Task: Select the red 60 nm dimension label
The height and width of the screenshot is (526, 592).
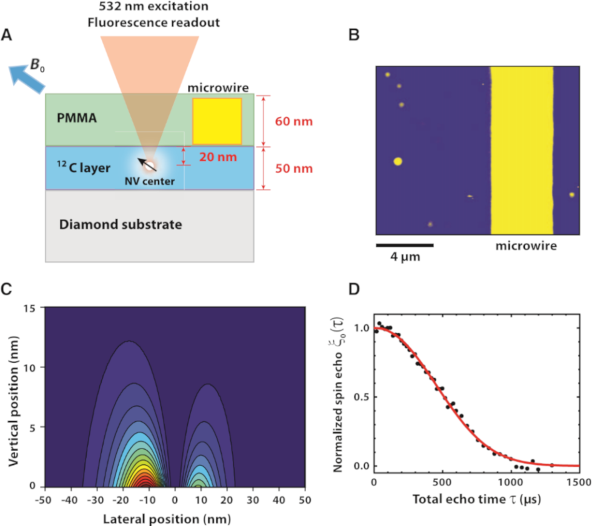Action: coord(294,121)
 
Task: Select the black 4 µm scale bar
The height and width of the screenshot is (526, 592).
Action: coord(405,245)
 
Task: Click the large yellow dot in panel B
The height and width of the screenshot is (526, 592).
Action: coord(397,161)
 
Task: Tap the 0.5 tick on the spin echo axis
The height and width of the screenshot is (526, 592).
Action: coord(362,397)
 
